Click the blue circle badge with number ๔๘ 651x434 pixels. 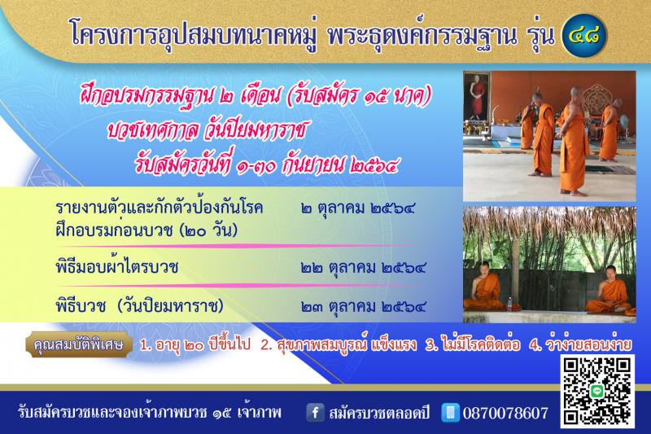(584, 35)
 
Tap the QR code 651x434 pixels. (597, 391)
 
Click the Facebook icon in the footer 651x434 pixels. (315, 412)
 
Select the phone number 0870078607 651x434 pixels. (505, 413)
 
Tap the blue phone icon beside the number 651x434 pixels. (451, 412)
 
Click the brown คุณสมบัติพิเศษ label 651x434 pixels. (78, 344)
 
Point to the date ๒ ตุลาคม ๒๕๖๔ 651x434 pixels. (358, 208)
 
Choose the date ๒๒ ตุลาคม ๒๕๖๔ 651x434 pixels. (363, 267)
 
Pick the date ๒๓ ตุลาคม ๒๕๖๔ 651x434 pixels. (363, 306)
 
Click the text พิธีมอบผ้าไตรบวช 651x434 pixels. (116, 267)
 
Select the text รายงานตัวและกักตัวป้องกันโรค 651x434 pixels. (159, 208)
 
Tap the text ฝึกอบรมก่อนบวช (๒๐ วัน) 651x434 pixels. (146, 230)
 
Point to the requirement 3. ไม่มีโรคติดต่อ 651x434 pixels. (473, 344)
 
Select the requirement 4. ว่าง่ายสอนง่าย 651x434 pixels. (580, 344)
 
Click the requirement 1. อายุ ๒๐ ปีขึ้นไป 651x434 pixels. (195, 344)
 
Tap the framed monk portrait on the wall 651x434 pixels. (476, 96)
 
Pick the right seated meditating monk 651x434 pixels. (610, 291)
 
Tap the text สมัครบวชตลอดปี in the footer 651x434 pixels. (379, 413)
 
